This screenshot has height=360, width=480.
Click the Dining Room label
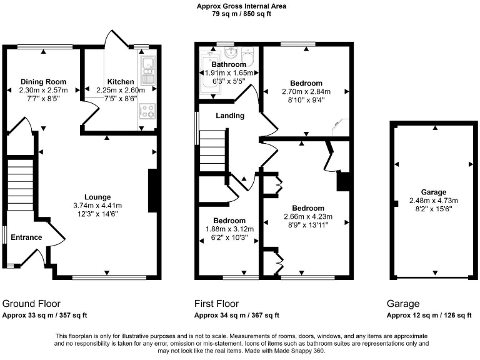[x=43, y=82]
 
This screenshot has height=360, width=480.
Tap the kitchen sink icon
[x=149, y=70]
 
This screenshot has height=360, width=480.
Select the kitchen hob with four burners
[x=149, y=112]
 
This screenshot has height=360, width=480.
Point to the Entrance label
[x=26, y=237]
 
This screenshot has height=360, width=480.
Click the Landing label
[x=230, y=116]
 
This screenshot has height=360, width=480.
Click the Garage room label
[x=433, y=192]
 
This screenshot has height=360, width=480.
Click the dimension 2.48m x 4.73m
[x=433, y=201]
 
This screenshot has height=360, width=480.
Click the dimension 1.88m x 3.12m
[x=229, y=229]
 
